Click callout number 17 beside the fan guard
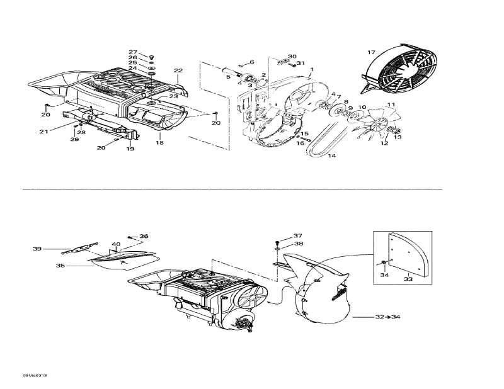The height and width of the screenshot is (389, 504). point(371,52)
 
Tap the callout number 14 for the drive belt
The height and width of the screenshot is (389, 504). point(332,155)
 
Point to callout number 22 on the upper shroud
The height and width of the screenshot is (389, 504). point(178,70)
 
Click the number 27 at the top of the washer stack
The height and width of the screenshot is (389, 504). point(133,52)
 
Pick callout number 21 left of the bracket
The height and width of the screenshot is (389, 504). point(43,132)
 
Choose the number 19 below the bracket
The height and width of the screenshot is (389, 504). point(130,149)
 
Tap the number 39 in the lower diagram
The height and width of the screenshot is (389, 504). point(37,249)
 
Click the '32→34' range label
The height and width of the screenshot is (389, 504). point(387,317)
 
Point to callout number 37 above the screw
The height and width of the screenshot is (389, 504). point(298,235)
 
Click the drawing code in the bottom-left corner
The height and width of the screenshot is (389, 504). point(35,375)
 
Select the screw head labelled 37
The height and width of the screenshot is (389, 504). point(277,242)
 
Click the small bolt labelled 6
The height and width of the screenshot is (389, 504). point(241,65)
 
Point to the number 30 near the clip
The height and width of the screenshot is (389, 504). point(292,57)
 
